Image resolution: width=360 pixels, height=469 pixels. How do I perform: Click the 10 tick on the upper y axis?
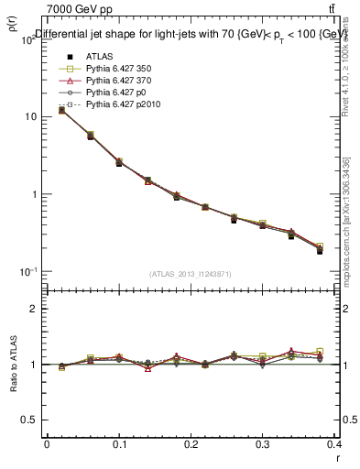pos(29,117)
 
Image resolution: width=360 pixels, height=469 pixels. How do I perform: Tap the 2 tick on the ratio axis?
pos(33,309)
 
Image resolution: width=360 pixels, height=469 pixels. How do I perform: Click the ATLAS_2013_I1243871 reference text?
pos(191,274)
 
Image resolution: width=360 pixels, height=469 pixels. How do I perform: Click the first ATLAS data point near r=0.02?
pos(61,110)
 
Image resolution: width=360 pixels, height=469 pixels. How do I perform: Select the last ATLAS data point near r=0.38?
pos(320,250)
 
